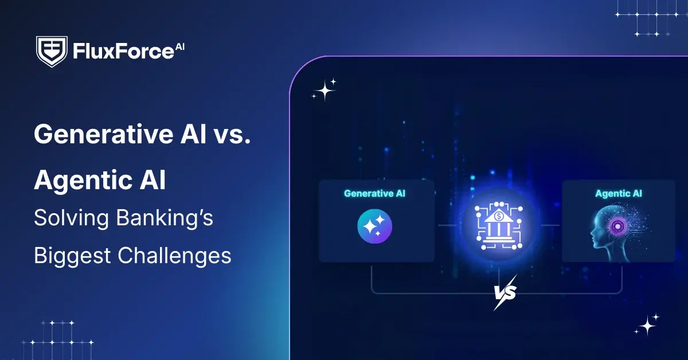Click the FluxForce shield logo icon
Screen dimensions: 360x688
pyautogui.click(x=52, y=52)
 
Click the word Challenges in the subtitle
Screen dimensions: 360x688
pyautogui.click(x=174, y=255)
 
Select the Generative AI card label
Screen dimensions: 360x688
pyautogui.click(x=374, y=194)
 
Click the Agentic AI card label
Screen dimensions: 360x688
pyautogui.click(x=618, y=194)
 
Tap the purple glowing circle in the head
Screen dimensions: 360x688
pyautogui.click(x=618, y=227)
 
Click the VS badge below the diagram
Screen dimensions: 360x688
pyautogui.click(x=505, y=292)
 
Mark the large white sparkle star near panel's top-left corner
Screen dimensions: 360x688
pyautogui.click(x=325, y=90)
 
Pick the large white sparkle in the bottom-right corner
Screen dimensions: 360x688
pyautogui.click(x=648, y=325)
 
